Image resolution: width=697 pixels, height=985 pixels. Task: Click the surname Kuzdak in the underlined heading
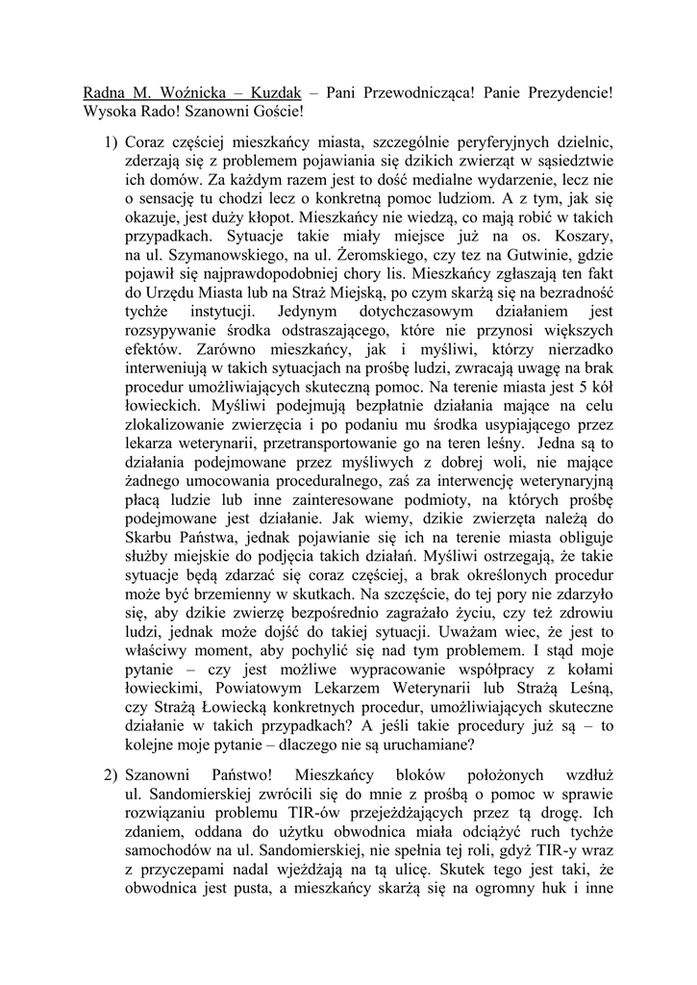(274, 93)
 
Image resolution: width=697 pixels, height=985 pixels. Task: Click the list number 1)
(111, 142)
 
